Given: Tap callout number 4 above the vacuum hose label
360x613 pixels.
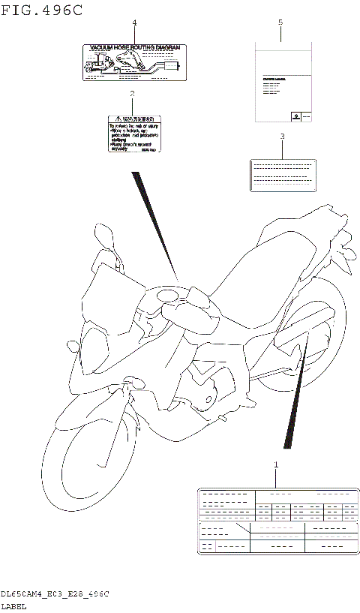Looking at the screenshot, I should tap(134, 23).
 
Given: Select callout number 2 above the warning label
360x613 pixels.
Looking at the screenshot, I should tap(132, 94).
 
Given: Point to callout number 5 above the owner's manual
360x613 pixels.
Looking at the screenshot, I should tap(280, 23).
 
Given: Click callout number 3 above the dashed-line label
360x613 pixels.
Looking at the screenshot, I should tap(282, 137).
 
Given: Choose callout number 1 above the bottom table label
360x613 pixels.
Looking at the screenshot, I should tap(275, 466).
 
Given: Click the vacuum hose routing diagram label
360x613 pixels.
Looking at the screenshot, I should tap(133, 62).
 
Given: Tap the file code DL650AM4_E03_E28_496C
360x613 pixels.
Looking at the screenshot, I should tap(55, 593).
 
